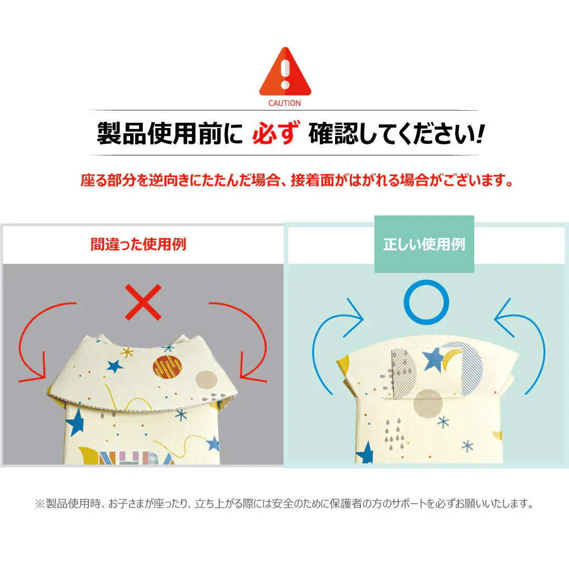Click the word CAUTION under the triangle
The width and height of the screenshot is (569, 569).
pos(284,103)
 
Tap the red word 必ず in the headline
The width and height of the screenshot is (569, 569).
pos(276,133)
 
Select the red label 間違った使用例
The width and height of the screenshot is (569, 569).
pos(138,244)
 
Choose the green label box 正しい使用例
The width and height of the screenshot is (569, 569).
pos(424,244)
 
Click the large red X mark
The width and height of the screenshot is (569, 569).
pos(143,302)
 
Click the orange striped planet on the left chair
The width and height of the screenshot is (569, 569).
pos(168,367)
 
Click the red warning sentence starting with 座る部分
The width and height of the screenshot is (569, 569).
pos(297,180)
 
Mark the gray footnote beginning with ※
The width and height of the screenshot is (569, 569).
pos(284,504)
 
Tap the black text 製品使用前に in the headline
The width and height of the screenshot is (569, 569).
pos(170,133)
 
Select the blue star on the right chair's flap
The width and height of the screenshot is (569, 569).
pos(433,359)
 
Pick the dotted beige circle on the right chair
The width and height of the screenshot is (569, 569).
pos(428,403)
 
